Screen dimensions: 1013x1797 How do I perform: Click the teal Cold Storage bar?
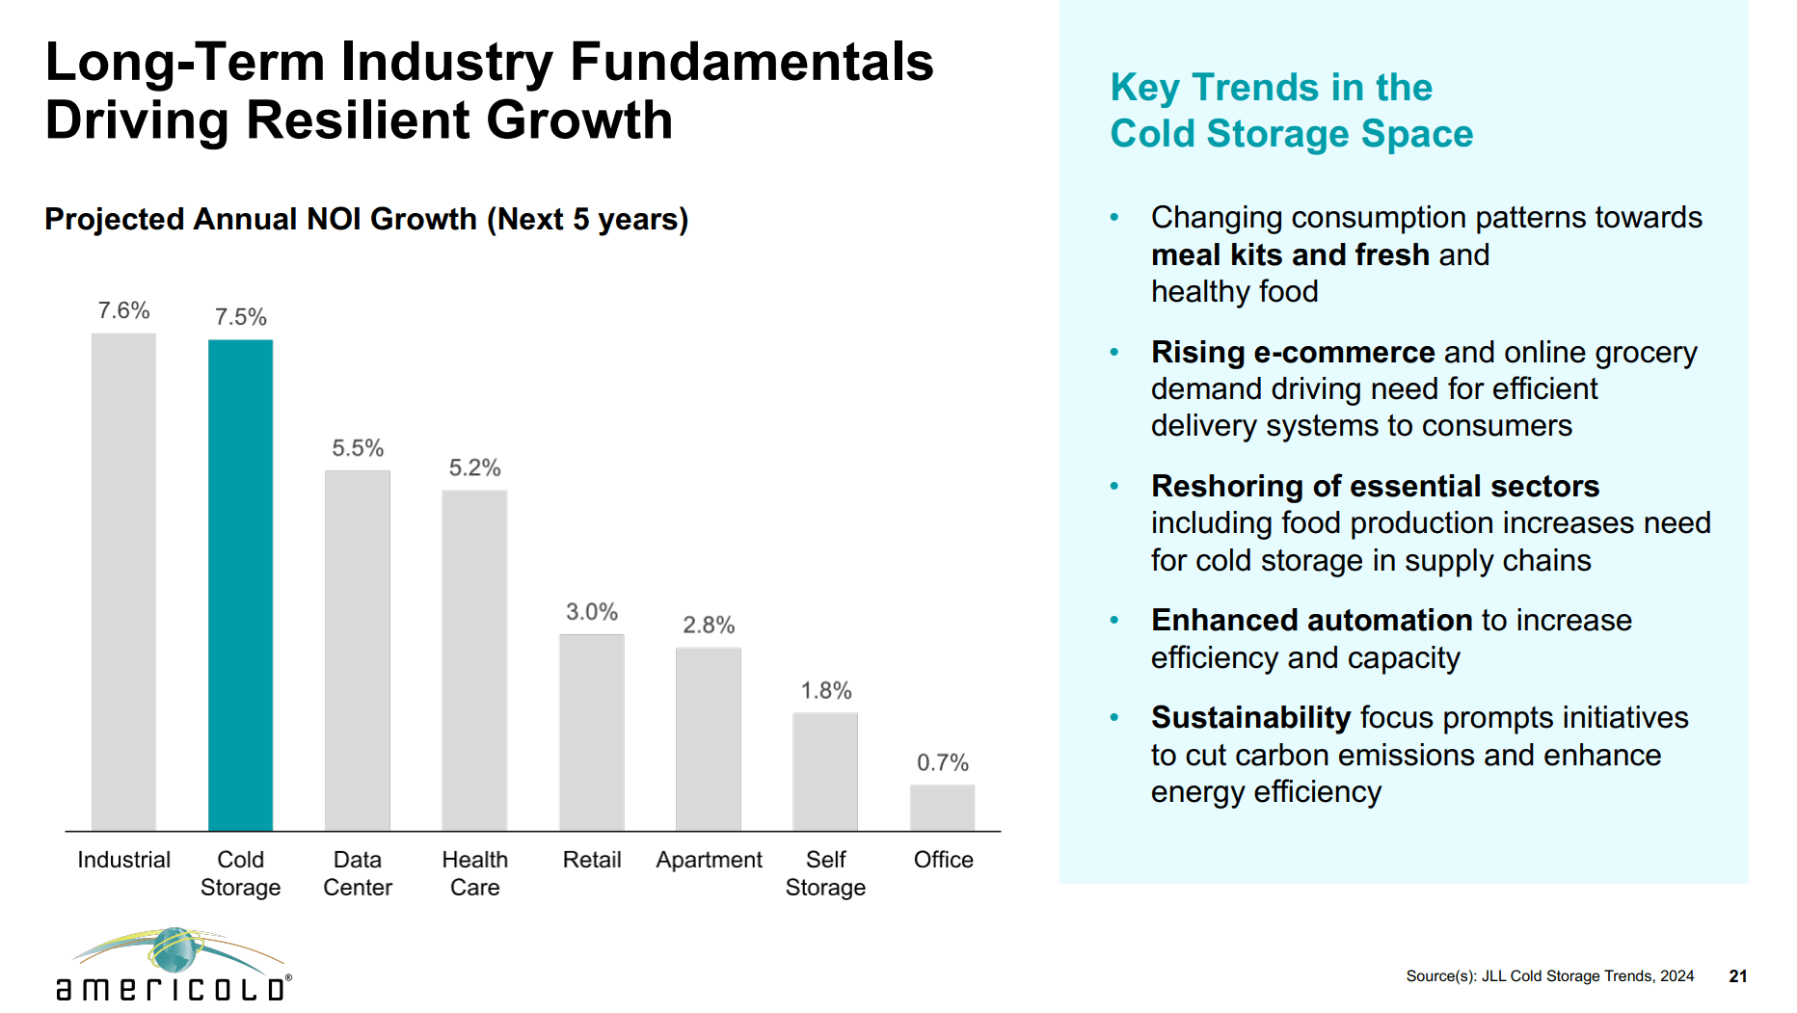240,584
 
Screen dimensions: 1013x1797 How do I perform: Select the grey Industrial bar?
123,581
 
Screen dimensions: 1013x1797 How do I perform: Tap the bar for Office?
942,808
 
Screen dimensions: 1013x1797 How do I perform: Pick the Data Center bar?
357,651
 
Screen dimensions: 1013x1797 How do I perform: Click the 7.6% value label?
123,310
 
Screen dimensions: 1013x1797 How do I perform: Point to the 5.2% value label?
474,467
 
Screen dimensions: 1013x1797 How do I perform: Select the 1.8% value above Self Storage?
825,690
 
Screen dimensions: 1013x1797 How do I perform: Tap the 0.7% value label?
942,762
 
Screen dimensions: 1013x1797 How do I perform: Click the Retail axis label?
591,860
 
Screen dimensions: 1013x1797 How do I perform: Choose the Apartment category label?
709,860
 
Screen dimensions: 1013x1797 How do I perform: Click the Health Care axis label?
474,873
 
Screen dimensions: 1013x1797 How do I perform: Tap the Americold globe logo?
175,951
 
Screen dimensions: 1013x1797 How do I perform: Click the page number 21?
1737,976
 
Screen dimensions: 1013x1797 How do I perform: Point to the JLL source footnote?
1549,976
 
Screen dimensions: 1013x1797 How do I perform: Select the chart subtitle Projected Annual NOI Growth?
366,220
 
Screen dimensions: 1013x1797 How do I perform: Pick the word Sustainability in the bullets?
1250,718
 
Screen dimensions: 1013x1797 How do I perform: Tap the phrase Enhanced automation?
1311,621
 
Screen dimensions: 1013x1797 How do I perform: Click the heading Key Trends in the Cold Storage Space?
1291,111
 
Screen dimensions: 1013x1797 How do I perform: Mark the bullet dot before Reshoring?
1114,487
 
